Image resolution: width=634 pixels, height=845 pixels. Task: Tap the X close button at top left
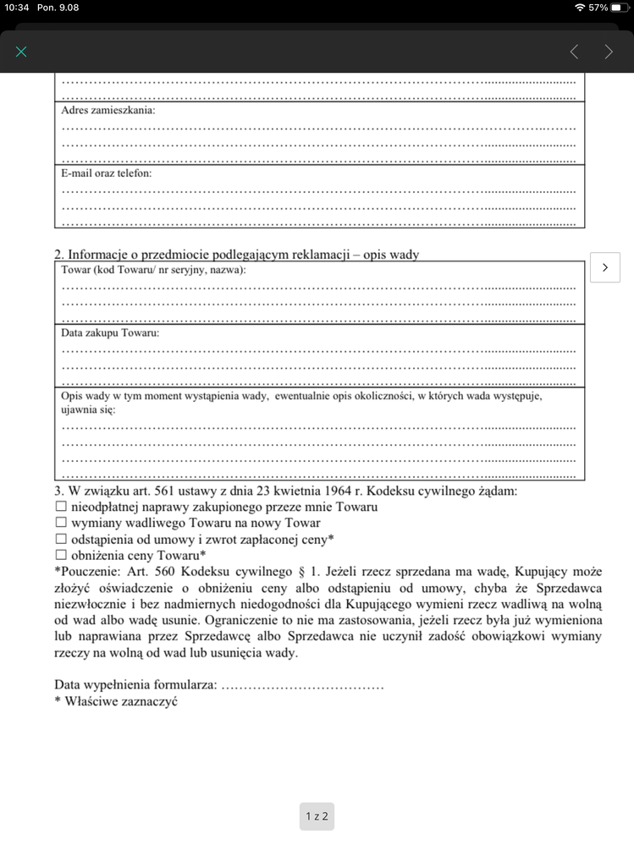pyautogui.click(x=21, y=52)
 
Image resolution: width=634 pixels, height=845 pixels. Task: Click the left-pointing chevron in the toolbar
pyautogui.click(x=574, y=52)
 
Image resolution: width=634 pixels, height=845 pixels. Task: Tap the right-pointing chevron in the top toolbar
pyautogui.click(x=609, y=52)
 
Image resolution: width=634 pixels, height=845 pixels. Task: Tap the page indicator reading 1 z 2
pyautogui.click(x=317, y=816)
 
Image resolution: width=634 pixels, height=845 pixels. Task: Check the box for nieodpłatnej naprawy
pyautogui.click(x=61, y=507)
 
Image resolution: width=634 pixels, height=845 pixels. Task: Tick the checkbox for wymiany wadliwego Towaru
pyautogui.click(x=61, y=523)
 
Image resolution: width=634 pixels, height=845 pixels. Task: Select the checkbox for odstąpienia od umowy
pyautogui.click(x=61, y=539)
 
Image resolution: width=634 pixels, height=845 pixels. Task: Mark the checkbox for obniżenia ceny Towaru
pyautogui.click(x=61, y=555)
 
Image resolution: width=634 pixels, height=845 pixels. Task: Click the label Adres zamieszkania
pyautogui.click(x=108, y=110)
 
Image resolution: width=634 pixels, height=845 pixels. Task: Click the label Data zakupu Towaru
pyautogui.click(x=110, y=333)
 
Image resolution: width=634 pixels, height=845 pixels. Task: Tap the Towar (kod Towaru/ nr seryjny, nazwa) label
pyautogui.click(x=153, y=270)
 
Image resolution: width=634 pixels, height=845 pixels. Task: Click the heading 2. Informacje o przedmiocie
pyautogui.click(x=236, y=255)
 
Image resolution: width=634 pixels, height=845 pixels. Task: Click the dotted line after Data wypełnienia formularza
pyautogui.click(x=302, y=685)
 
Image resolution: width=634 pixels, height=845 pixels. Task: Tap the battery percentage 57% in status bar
pyautogui.click(x=598, y=7)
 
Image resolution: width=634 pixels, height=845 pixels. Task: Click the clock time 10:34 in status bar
pyautogui.click(x=17, y=7)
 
